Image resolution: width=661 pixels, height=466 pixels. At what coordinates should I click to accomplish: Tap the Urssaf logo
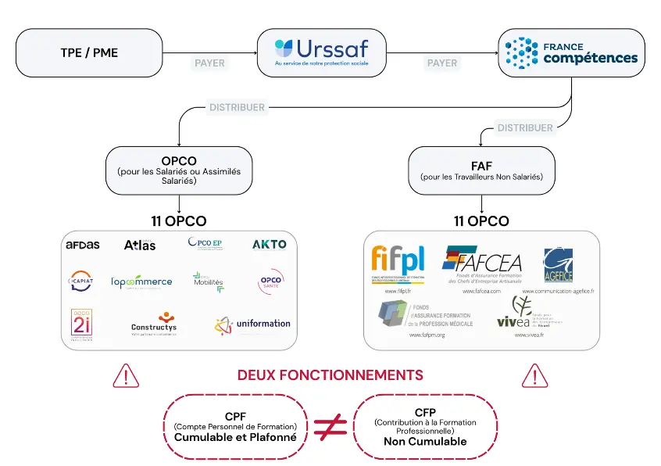click(x=321, y=52)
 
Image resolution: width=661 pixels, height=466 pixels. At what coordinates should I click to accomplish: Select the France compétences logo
click(x=572, y=52)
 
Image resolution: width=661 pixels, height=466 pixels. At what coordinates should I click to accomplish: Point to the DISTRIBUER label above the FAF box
click(x=525, y=127)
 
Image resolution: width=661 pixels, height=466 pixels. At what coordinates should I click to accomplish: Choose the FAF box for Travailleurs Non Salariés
click(x=481, y=170)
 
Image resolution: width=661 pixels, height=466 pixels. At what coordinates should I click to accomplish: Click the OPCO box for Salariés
click(x=179, y=170)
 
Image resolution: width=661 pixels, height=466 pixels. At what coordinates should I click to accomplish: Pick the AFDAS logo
click(x=83, y=245)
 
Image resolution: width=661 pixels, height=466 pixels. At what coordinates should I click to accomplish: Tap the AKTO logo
click(x=269, y=244)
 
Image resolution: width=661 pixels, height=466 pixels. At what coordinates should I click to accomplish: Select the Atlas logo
click(x=140, y=245)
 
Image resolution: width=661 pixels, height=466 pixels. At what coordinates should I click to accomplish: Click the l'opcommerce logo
click(x=141, y=282)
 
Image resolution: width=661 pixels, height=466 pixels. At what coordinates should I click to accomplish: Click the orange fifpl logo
click(x=398, y=260)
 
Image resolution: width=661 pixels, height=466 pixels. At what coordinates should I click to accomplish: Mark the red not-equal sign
click(x=330, y=426)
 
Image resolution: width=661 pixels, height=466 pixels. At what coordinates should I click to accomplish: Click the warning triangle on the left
click(x=126, y=376)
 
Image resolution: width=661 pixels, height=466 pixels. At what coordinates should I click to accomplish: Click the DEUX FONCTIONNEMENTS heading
click(x=330, y=375)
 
